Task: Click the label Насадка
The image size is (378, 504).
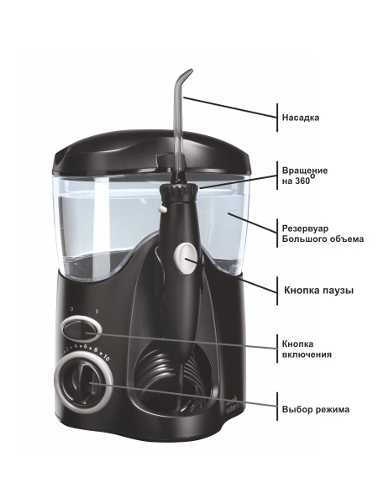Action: pyautogui.click(x=301, y=118)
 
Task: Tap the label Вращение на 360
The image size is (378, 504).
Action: pyautogui.click(x=305, y=176)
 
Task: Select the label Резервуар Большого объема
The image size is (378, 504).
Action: pyautogui.click(x=323, y=234)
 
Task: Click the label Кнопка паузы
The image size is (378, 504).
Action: pyautogui.click(x=318, y=291)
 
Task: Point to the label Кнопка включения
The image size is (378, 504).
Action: pyautogui.click(x=307, y=349)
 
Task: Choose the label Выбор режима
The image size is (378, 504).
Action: pyautogui.click(x=316, y=410)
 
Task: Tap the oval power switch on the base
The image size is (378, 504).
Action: pyautogui.click(x=81, y=329)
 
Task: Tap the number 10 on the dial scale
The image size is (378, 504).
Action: pyautogui.click(x=106, y=358)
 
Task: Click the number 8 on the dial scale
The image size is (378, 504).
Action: pyautogui.click(x=96, y=350)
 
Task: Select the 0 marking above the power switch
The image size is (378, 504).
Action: pyautogui.click(x=71, y=309)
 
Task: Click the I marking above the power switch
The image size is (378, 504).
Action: pyautogui.click(x=97, y=311)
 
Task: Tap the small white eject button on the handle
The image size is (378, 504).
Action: pyautogui.click(x=163, y=209)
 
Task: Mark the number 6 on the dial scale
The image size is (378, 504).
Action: pyautogui.click(x=85, y=347)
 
